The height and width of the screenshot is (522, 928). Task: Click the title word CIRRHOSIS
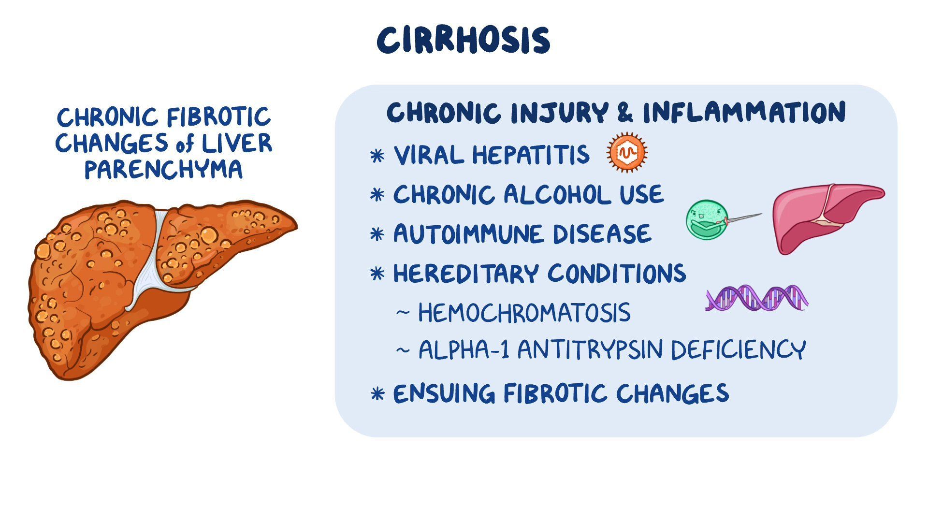click(x=464, y=40)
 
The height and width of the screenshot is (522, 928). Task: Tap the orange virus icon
click(x=627, y=153)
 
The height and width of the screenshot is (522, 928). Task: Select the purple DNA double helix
click(x=756, y=298)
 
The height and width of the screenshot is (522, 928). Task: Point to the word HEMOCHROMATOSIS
click(x=524, y=313)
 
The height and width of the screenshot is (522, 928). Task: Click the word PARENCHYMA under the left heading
click(x=163, y=170)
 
